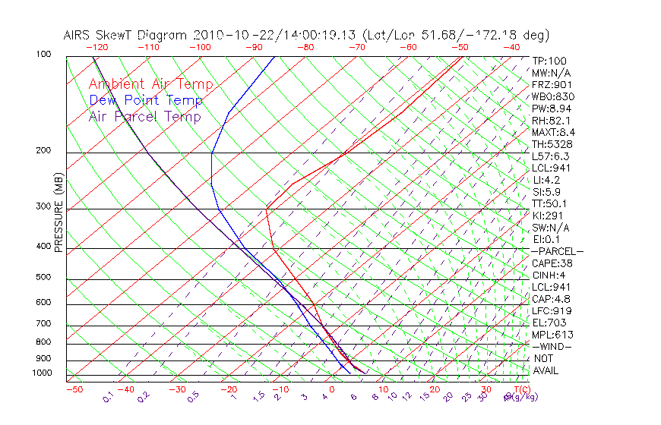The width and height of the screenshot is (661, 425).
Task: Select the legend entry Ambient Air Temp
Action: coord(150,84)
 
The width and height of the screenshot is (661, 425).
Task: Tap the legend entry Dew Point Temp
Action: coord(146,100)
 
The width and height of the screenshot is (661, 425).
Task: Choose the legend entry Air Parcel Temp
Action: coord(144,116)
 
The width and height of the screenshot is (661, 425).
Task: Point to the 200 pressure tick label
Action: coord(44,150)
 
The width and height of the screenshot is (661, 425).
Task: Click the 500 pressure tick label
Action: coord(44,278)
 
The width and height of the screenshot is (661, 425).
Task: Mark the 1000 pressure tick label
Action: coord(43,373)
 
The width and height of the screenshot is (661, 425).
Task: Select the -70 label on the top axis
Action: coord(356,46)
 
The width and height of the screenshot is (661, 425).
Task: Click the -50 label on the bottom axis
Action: coord(74,389)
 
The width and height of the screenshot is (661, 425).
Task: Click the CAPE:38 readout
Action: coord(552,263)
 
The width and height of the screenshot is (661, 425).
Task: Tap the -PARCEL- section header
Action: coord(557,251)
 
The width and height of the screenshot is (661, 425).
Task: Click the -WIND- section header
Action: coord(552,347)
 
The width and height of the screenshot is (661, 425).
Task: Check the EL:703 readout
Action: coord(549,323)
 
